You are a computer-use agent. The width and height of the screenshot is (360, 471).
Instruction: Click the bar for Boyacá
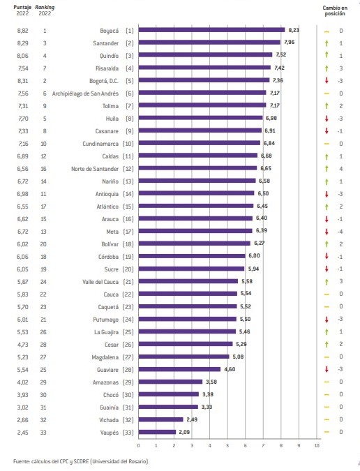[x=211, y=30]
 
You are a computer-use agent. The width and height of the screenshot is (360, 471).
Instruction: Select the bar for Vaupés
[x=158, y=432]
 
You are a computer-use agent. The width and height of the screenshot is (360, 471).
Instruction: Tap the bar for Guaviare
[x=179, y=369]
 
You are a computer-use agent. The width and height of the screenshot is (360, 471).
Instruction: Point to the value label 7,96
[x=289, y=43]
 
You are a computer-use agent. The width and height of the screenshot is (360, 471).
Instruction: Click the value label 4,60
[x=230, y=369]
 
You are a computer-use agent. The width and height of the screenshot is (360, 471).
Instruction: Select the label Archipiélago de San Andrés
[x=85, y=94]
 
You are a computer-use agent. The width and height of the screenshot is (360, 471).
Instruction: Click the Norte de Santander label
[x=95, y=169]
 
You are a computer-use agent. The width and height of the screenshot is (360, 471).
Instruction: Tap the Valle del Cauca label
[x=100, y=282]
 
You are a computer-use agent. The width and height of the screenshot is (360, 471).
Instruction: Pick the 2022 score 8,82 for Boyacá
[x=22, y=31]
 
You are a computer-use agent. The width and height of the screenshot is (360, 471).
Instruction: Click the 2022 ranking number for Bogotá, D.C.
[x=45, y=81]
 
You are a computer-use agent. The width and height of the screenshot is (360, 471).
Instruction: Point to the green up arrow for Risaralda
[x=327, y=68]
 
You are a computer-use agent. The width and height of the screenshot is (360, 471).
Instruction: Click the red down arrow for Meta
[x=327, y=232]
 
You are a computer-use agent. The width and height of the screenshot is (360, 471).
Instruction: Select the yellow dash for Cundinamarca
[x=327, y=144]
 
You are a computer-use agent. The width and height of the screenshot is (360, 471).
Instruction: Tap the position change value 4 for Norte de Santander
[x=340, y=169]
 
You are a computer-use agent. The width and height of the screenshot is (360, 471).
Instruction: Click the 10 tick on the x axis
[x=317, y=445]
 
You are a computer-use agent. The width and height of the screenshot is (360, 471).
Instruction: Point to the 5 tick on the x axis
[x=227, y=445]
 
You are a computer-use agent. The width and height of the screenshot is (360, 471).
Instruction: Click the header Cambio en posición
[x=335, y=10]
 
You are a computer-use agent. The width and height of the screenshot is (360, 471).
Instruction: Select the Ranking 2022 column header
[x=45, y=10]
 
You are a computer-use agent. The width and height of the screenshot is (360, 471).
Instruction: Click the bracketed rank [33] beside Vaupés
[x=128, y=433]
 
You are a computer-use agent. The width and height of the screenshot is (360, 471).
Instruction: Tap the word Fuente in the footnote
[x=21, y=461]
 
